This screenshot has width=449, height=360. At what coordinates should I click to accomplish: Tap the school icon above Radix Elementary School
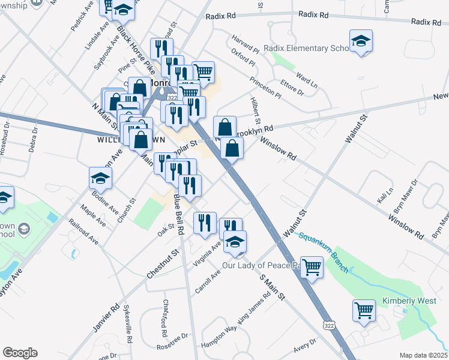coord(361,41)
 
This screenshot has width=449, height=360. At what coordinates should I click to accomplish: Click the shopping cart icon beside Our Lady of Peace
coord(312,268)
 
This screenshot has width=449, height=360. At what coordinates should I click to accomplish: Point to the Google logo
coord(20,353)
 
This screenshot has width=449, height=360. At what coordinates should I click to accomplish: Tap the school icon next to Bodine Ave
coord(100,178)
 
